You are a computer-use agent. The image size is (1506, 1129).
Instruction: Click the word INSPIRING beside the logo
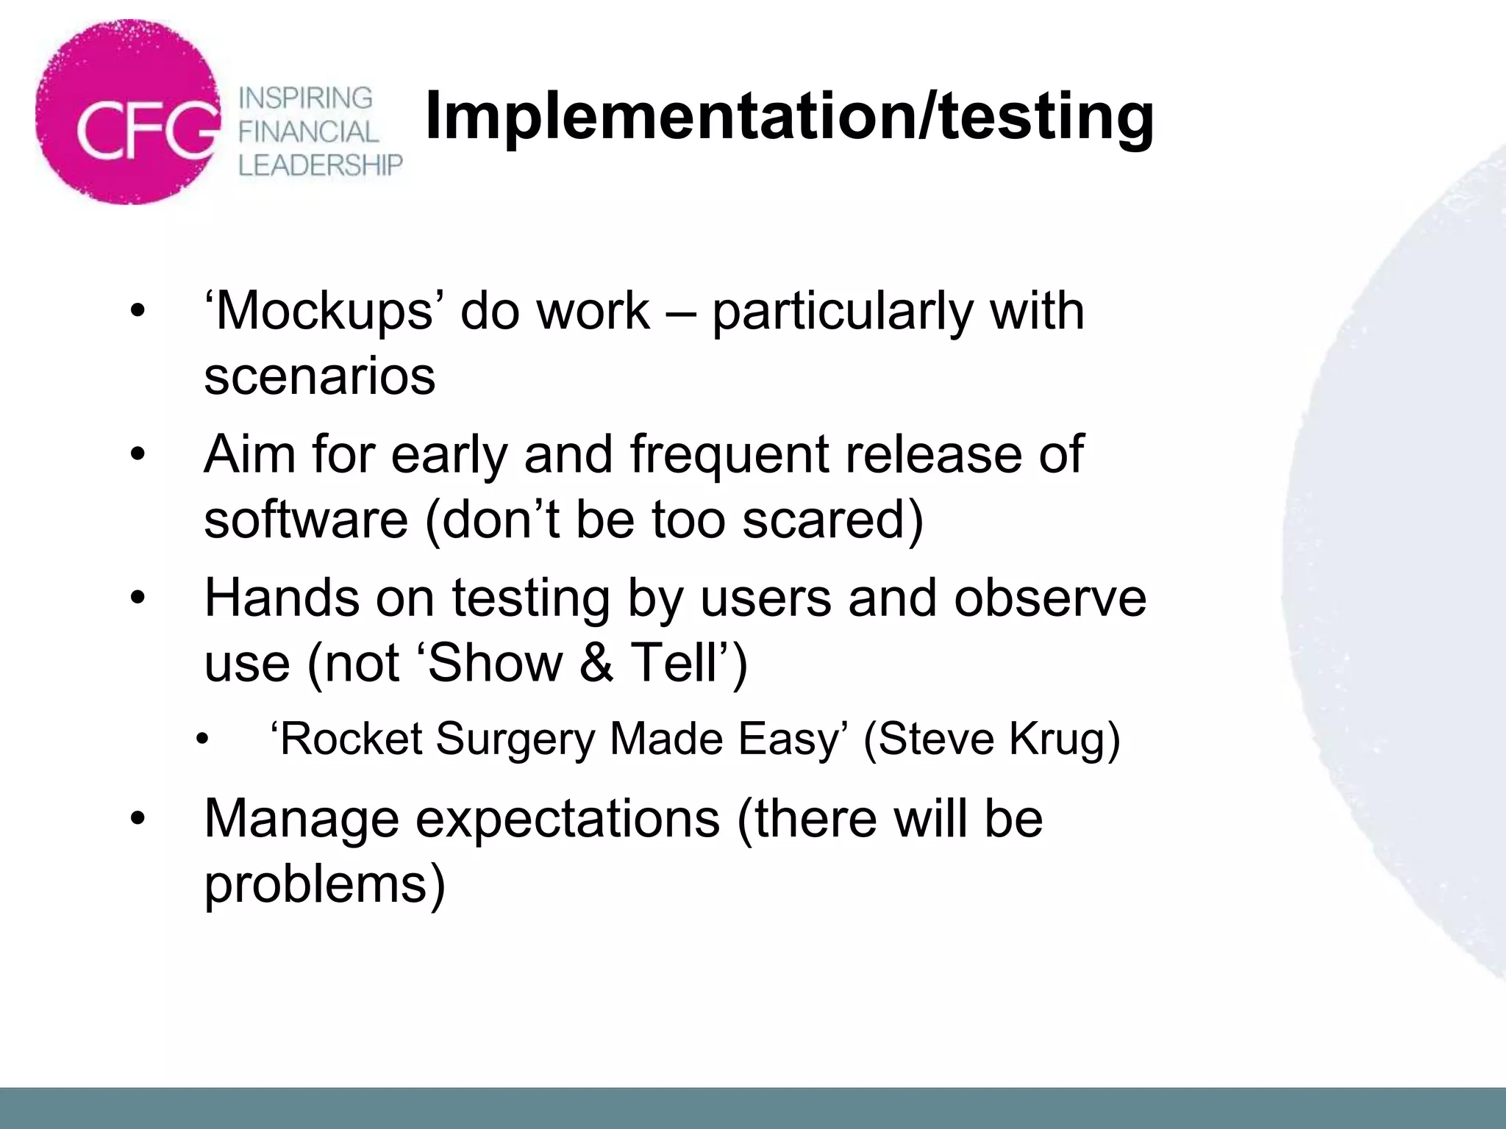[x=306, y=98]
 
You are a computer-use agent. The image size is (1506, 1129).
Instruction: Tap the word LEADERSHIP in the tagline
[x=321, y=165]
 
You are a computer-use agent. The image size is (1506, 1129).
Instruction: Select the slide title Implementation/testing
[x=789, y=116]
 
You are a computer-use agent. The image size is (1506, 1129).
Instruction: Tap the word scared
[x=832, y=519]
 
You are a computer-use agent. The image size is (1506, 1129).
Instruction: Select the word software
[x=306, y=519]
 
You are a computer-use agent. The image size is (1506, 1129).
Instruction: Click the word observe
[x=1050, y=598]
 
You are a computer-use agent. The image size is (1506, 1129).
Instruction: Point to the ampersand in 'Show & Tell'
[x=596, y=662]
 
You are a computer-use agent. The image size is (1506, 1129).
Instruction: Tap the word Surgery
[x=515, y=740]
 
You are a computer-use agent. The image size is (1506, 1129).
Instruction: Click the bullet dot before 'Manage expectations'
[x=138, y=820]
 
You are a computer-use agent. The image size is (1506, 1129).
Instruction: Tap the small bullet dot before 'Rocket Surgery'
[x=203, y=739]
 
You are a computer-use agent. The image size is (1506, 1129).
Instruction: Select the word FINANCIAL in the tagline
[x=308, y=132]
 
